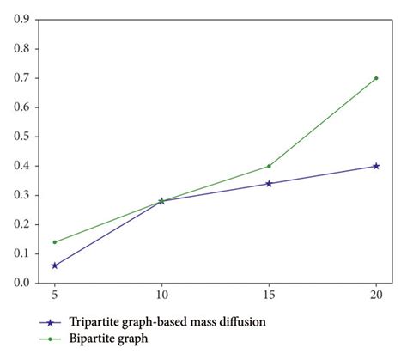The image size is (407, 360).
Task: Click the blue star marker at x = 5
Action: pyautogui.click(x=54, y=265)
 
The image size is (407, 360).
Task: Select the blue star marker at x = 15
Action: pyautogui.click(x=269, y=183)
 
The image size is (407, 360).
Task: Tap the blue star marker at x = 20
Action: pyautogui.click(x=376, y=166)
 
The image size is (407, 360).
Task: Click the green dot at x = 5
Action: pyautogui.click(x=54, y=242)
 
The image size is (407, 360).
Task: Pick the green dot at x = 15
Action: pyautogui.click(x=269, y=166)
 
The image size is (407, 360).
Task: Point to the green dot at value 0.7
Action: pyautogui.click(x=376, y=78)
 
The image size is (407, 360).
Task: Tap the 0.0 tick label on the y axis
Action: pyautogui.click(x=23, y=283)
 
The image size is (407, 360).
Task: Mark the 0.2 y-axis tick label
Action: pyautogui.click(x=23, y=224)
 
